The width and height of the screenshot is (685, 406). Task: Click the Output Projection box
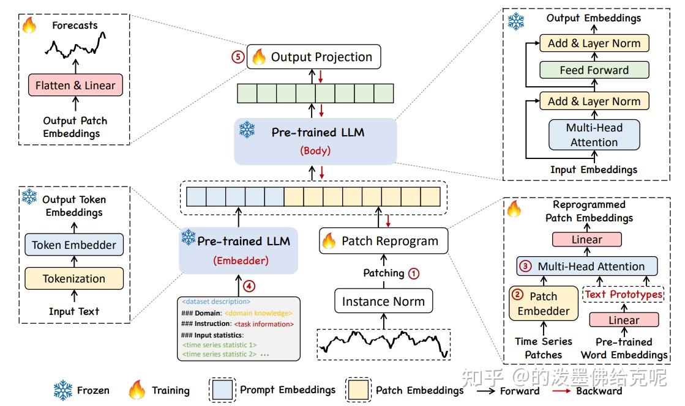click(313, 57)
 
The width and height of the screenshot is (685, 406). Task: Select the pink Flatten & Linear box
click(75, 85)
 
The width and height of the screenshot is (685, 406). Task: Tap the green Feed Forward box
click(594, 70)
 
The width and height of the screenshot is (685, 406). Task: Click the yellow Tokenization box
click(73, 279)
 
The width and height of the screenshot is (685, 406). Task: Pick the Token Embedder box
click(73, 245)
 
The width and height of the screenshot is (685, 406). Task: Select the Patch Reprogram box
click(383, 241)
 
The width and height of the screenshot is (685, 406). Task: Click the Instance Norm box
click(383, 301)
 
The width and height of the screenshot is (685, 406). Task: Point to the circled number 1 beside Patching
click(414, 273)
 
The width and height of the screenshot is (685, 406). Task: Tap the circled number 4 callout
click(248, 284)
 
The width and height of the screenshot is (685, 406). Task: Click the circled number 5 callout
click(237, 57)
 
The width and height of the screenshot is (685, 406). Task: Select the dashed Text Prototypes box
click(623, 294)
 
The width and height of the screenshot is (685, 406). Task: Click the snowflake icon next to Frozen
click(63, 390)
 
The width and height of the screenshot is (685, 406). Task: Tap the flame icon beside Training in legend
click(137, 390)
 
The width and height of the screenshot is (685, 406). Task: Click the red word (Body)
click(315, 150)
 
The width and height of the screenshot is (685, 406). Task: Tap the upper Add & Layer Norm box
click(594, 43)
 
